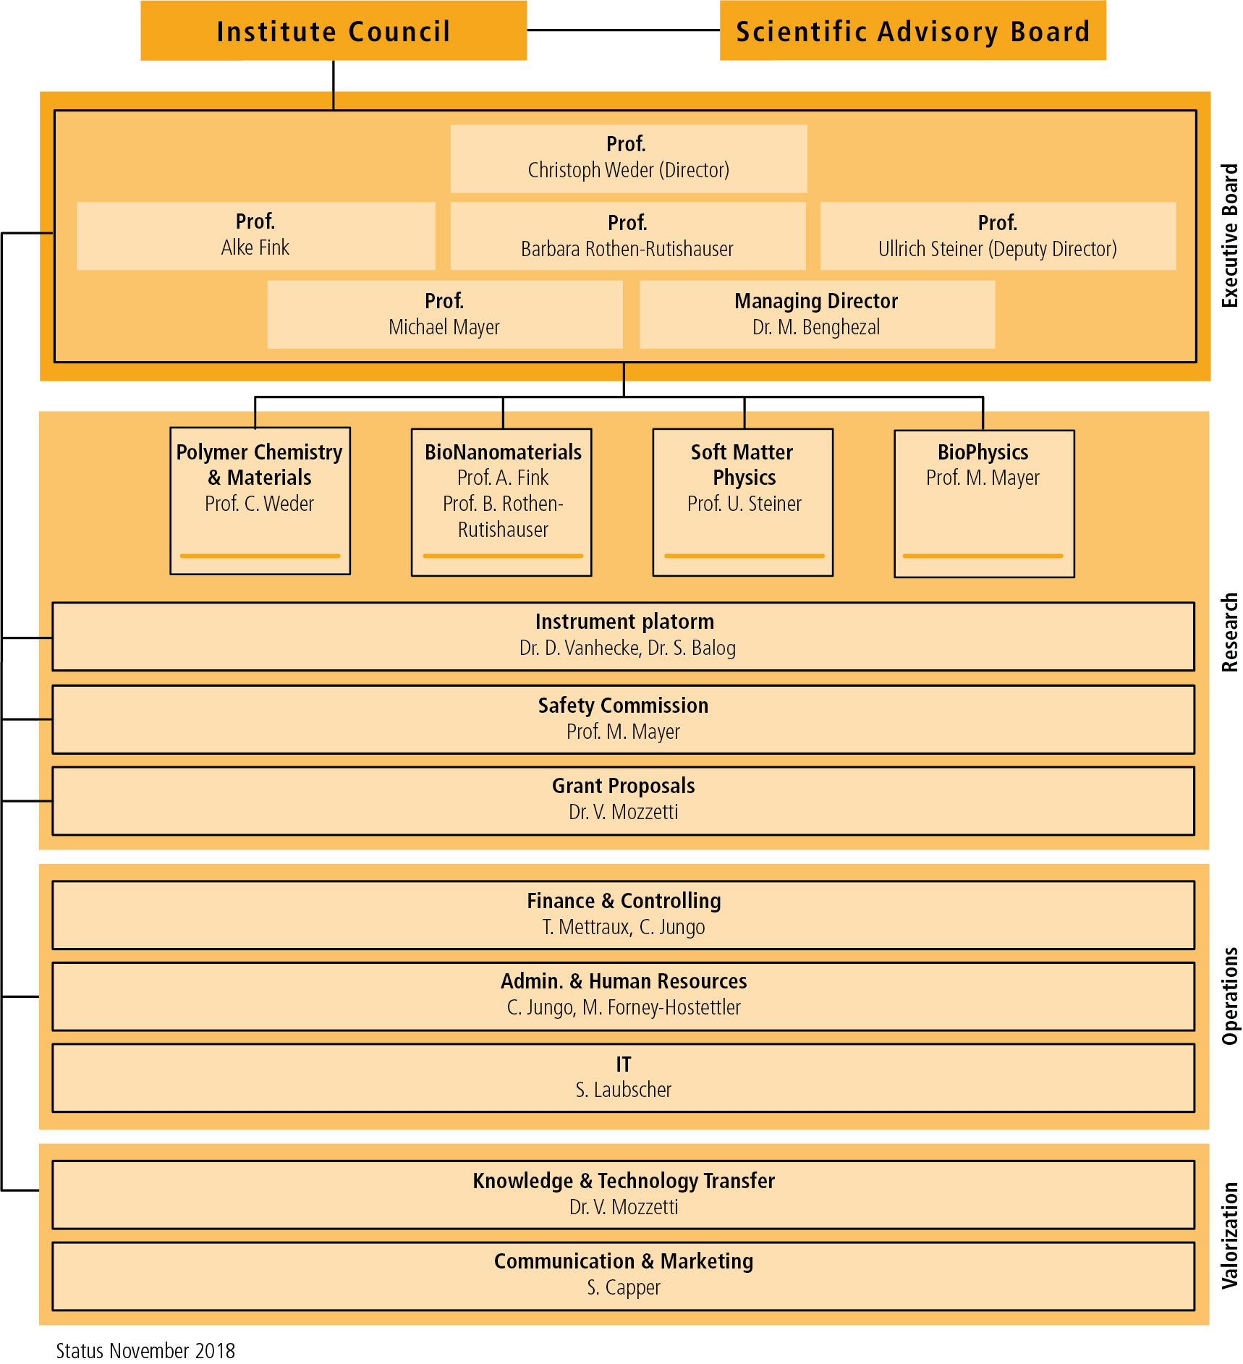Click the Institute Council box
334,30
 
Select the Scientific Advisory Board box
912,30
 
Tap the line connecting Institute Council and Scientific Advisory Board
623,30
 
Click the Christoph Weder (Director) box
629,158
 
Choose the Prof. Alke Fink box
255,236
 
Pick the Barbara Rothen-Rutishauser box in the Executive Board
627,236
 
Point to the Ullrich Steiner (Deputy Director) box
998,236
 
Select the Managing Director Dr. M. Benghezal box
817,315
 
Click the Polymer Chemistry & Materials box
260,501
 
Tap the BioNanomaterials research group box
501,502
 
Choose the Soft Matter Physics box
743,502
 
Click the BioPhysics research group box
984,504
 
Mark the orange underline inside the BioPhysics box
983,556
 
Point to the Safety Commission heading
623,706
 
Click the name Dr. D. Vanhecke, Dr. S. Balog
627,648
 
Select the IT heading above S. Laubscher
624,1064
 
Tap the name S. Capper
624,1287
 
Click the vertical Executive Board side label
1230,236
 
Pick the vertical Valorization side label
1230,1235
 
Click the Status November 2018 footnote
145,1350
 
